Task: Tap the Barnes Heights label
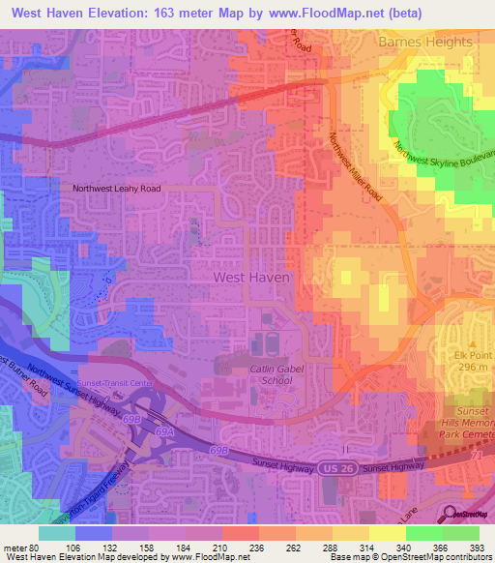coord(426,43)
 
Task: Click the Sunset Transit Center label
coord(116,383)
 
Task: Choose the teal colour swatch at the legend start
coord(57,533)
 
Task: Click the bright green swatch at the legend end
coord(460,533)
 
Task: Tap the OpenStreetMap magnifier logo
coord(452,514)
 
